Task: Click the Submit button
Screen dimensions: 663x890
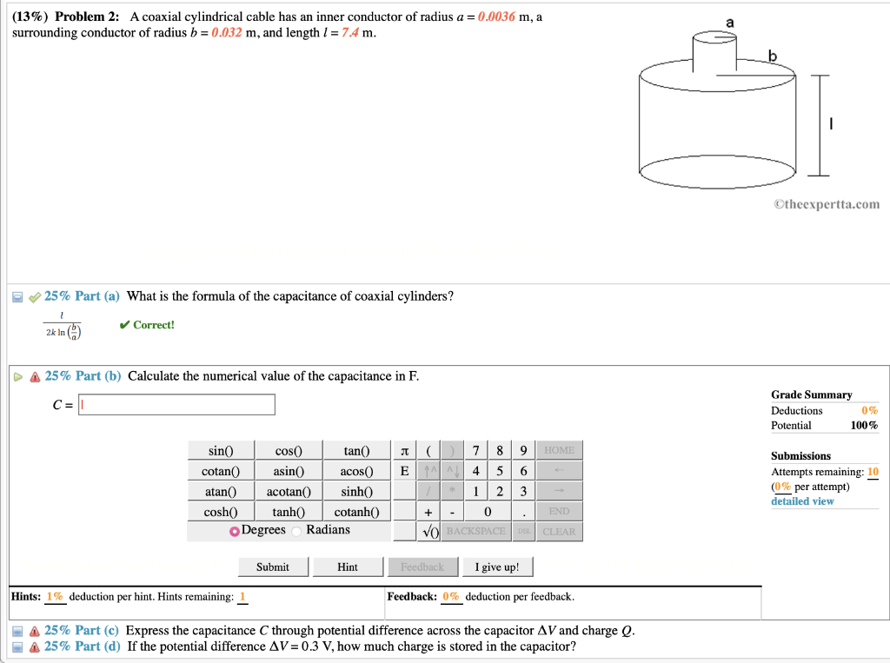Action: click(x=272, y=567)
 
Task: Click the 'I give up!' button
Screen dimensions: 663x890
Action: click(x=497, y=567)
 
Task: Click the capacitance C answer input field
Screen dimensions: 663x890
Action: click(x=177, y=405)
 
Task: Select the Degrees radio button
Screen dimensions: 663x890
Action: click(x=235, y=531)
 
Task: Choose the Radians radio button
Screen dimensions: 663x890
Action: click(x=297, y=531)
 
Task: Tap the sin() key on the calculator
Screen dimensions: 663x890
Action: click(x=221, y=451)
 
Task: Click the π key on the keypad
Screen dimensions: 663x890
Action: click(x=404, y=451)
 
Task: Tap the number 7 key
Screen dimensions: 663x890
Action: click(x=475, y=451)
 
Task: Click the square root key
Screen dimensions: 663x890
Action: click(x=428, y=532)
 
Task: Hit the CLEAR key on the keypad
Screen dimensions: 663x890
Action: click(x=559, y=532)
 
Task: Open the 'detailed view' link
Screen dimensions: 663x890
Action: click(x=802, y=501)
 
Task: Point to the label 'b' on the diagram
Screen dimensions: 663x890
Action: click(x=773, y=57)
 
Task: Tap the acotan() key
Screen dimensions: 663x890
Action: click(x=289, y=491)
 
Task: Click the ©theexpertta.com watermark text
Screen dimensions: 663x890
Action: click(x=826, y=205)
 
